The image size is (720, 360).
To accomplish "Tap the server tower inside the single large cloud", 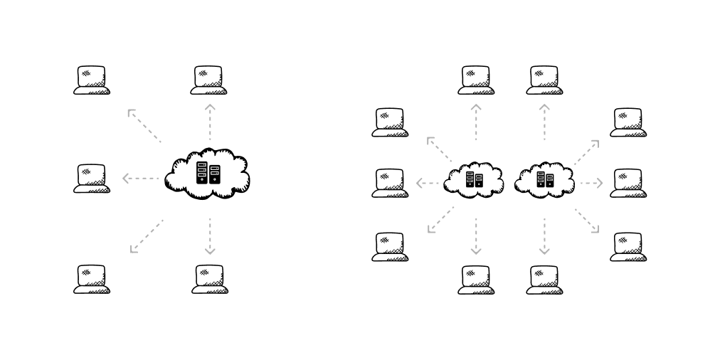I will [x=208, y=173].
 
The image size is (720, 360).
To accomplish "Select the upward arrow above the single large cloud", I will [x=209, y=121].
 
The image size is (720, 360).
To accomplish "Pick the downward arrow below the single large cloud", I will [x=209, y=236].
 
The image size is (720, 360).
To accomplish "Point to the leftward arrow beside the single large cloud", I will [x=139, y=178].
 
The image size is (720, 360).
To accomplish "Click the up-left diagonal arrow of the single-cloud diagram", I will [x=144, y=125].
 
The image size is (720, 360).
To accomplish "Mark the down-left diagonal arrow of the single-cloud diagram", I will [x=146, y=236].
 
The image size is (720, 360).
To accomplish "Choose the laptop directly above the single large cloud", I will [x=208, y=80].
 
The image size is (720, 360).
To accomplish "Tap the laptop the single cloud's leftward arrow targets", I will [x=92, y=178].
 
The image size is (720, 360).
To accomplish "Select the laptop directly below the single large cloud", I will [x=209, y=279].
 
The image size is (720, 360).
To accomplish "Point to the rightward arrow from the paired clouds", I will [x=591, y=184].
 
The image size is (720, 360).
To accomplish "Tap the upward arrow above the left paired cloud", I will [x=476, y=121].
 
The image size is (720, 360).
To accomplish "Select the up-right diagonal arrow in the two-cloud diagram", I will [x=587, y=152].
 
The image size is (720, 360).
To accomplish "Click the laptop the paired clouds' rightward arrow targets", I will [x=628, y=183].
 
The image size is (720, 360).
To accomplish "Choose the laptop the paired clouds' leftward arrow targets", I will [x=390, y=183].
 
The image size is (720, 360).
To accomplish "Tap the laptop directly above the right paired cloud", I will [x=544, y=80].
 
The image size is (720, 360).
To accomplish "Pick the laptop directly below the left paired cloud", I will [x=476, y=280].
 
